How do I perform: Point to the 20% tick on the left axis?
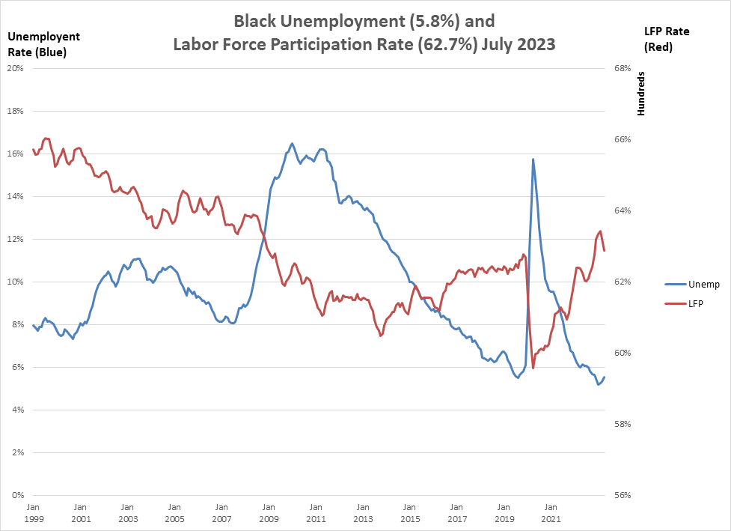(x=16, y=68)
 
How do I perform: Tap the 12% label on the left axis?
(x=16, y=239)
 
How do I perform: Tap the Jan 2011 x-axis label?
(x=316, y=513)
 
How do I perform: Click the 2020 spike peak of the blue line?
(x=533, y=159)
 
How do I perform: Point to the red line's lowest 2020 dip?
(x=533, y=368)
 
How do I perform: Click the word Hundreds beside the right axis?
(x=641, y=94)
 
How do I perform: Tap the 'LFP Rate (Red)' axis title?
(x=667, y=39)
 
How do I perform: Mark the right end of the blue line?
(x=605, y=377)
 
